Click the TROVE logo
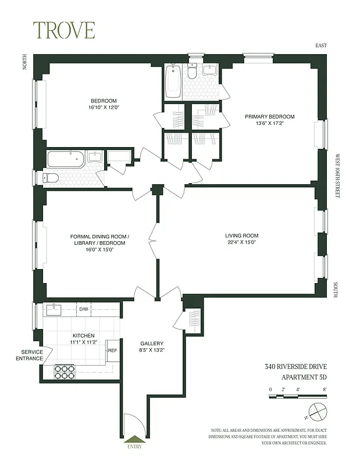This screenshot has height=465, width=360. [x=63, y=30]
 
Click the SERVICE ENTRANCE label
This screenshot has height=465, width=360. [x=32, y=355]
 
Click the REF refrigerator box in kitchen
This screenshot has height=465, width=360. [x=112, y=350]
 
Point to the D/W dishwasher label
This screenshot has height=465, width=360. [x=83, y=309]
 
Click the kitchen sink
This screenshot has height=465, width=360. [x=56, y=307]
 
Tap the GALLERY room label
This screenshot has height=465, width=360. [x=152, y=344]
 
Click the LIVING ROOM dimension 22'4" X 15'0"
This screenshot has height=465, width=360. [x=242, y=243]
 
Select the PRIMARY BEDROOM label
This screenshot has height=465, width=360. [x=269, y=117]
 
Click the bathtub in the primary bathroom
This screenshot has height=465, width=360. [x=173, y=81]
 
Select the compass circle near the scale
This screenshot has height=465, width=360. [x=317, y=412]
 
